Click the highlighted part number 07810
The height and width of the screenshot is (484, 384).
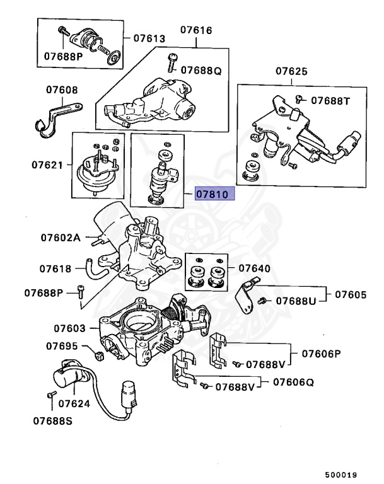(x=215, y=194)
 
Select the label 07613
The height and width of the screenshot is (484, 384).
(x=149, y=38)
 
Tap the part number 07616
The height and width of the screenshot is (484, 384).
(x=196, y=30)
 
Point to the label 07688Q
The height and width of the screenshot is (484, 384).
(x=201, y=71)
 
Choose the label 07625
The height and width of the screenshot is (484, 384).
(x=291, y=72)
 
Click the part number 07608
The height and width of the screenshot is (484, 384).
(x=62, y=90)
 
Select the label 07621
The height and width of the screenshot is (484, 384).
(x=47, y=165)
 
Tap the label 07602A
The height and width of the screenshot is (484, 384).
(x=61, y=238)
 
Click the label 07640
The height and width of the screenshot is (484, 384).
(x=254, y=268)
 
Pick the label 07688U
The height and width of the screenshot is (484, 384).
(x=294, y=302)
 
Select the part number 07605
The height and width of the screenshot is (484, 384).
(x=351, y=294)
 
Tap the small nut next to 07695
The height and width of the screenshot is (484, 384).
(x=98, y=357)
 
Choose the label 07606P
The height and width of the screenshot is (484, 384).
(x=319, y=354)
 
